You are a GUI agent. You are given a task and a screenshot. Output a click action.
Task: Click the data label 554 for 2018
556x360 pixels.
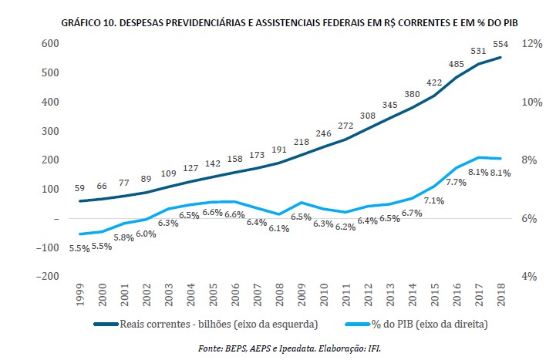click(502, 43)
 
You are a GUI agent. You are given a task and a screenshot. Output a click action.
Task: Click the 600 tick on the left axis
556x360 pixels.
click(50, 43)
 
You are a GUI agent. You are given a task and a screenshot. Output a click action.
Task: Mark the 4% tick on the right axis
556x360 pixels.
click(529, 276)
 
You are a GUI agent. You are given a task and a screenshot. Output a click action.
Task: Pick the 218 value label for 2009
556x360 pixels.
click(302, 142)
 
